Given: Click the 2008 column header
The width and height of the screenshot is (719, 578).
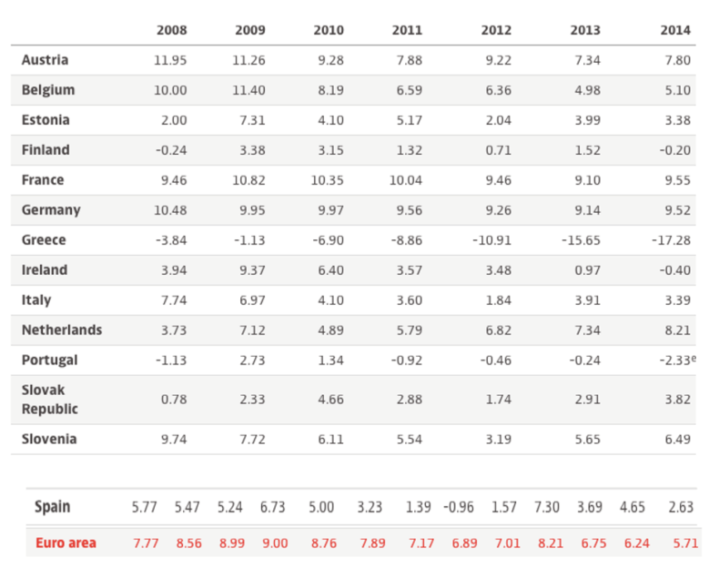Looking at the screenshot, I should pos(171,30).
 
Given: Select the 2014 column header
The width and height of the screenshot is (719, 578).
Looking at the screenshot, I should pos(675,30).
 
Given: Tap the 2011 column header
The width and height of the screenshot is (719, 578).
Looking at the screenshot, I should pos(407,30).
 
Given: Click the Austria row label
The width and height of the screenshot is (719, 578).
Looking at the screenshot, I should pos(45,60).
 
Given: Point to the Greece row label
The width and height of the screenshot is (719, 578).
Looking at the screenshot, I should pos(44,240).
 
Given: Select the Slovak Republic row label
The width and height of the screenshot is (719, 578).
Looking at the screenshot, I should pos(49,400).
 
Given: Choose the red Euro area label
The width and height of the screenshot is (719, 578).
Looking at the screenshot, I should pos(66,543).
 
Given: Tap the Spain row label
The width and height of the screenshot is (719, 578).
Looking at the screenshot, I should pos(52,507).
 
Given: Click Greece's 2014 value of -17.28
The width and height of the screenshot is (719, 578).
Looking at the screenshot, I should pos(672,240).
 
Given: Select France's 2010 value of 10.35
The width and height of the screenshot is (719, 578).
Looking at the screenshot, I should pos(328,180).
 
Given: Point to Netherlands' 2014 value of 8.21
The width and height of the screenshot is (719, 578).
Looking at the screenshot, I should pos(676,330).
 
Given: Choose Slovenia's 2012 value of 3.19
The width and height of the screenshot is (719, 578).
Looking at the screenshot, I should pos(498,439).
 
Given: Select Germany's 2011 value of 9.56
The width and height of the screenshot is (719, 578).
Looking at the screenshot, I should pos(407,210).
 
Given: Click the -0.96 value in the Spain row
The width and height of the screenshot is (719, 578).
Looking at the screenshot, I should pos(460,507).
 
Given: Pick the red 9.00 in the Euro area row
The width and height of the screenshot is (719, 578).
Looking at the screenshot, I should pos(274,543).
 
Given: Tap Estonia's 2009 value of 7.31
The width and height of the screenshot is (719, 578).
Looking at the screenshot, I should pos(249,120).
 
